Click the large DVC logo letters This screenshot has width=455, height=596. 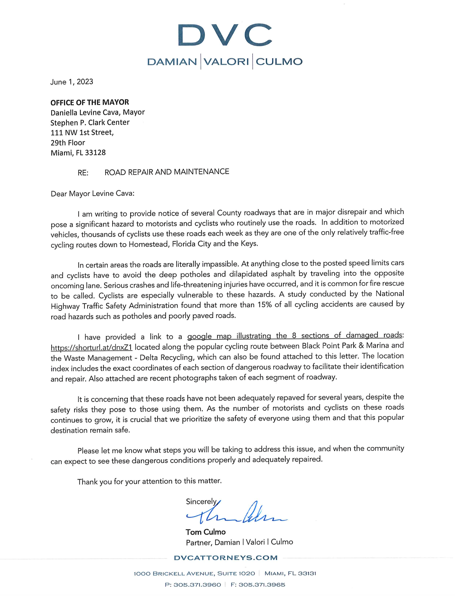pyautogui.click(x=225, y=35)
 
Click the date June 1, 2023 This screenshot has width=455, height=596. pyautogui.click(x=72, y=82)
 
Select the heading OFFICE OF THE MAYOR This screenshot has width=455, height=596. pyautogui.click(x=90, y=102)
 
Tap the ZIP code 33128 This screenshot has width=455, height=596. pyautogui.click(x=95, y=153)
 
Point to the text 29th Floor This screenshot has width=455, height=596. pyautogui.click(x=68, y=143)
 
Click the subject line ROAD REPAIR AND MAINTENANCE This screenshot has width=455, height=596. pyautogui.click(x=167, y=172)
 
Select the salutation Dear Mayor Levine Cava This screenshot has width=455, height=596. pyautogui.click(x=92, y=193)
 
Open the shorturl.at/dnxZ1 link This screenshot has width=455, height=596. pyautogui.click(x=91, y=347)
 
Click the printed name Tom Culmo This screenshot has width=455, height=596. pyautogui.click(x=205, y=532)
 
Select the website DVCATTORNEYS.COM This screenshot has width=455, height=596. pyautogui.click(x=226, y=558)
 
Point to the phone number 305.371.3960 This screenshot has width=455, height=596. pyautogui.click(x=197, y=585)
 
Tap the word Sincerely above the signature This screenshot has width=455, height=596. pyautogui.click(x=201, y=501)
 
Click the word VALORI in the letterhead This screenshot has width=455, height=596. pyautogui.click(x=226, y=62)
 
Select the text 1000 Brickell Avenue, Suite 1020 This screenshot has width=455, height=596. pyautogui.click(x=194, y=573)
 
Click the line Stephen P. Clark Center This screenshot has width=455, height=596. pyautogui.click(x=90, y=123)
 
